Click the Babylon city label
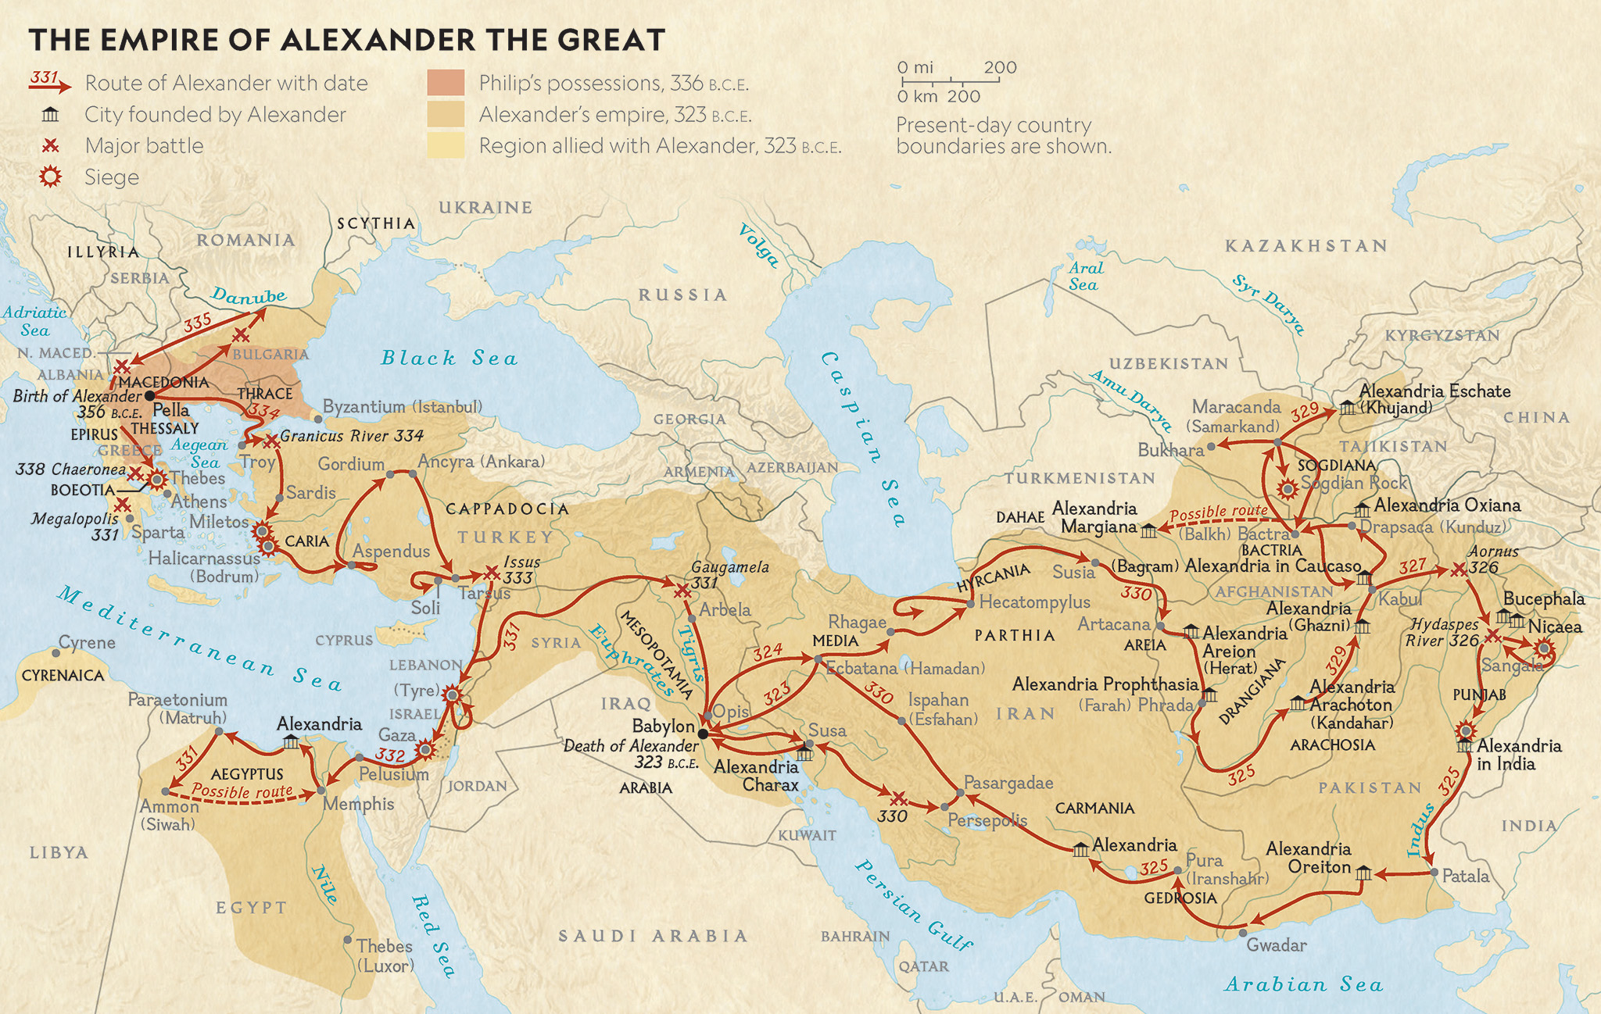(663, 726)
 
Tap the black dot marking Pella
(149, 396)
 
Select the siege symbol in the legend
(50, 177)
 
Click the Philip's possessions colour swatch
(446, 83)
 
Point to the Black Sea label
(449, 359)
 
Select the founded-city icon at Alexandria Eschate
(1347, 407)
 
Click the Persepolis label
(987, 820)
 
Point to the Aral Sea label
(1086, 277)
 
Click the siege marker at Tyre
(451, 694)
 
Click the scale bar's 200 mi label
(1000, 68)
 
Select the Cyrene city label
(87, 643)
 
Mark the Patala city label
(1465, 877)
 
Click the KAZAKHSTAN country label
(1306, 246)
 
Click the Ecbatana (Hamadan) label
(905, 669)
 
